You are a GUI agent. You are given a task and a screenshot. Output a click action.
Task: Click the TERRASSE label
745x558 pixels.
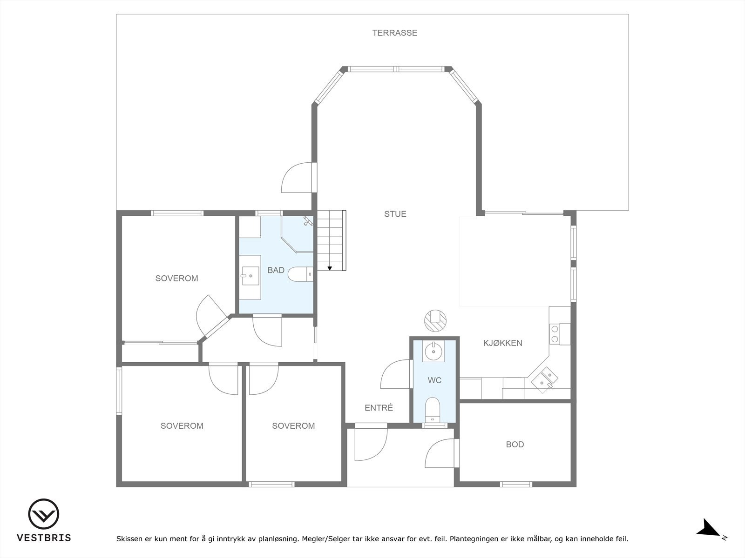pyautogui.click(x=395, y=33)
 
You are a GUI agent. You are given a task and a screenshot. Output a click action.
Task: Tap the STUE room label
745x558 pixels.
pyautogui.click(x=395, y=214)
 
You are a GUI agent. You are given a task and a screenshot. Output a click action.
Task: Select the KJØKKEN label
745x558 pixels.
pyautogui.click(x=503, y=343)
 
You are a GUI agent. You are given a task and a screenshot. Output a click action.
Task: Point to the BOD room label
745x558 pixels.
pyautogui.click(x=515, y=444)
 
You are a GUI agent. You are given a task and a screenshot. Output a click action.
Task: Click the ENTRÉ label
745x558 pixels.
pyautogui.click(x=379, y=408)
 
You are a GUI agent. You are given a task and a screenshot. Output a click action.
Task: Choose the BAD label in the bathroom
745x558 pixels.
pyautogui.click(x=276, y=270)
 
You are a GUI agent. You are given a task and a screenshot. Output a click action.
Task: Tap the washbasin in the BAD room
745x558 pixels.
pyautogui.click(x=250, y=276)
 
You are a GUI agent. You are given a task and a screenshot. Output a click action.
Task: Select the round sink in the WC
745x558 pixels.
pyautogui.click(x=433, y=352)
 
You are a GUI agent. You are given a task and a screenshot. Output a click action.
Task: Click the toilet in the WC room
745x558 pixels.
pyautogui.click(x=433, y=410)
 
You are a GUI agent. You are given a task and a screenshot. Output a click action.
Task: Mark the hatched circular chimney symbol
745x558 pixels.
pyautogui.click(x=435, y=320)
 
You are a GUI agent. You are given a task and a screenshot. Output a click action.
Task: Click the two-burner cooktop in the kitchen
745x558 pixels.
pyautogui.click(x=560, y=334)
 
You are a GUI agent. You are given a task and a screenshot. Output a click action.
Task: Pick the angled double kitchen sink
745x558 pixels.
pyautogui.click(x=544, y=380)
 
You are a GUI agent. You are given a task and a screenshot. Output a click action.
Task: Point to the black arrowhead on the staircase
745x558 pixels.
pyautogui.click(x=329, y=268)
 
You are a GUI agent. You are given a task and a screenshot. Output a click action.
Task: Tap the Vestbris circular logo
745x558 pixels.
pyautogui.click(x=43, y=514)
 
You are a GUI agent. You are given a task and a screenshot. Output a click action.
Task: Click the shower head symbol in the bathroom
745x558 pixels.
pyautogui.click(x=308, y=221)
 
